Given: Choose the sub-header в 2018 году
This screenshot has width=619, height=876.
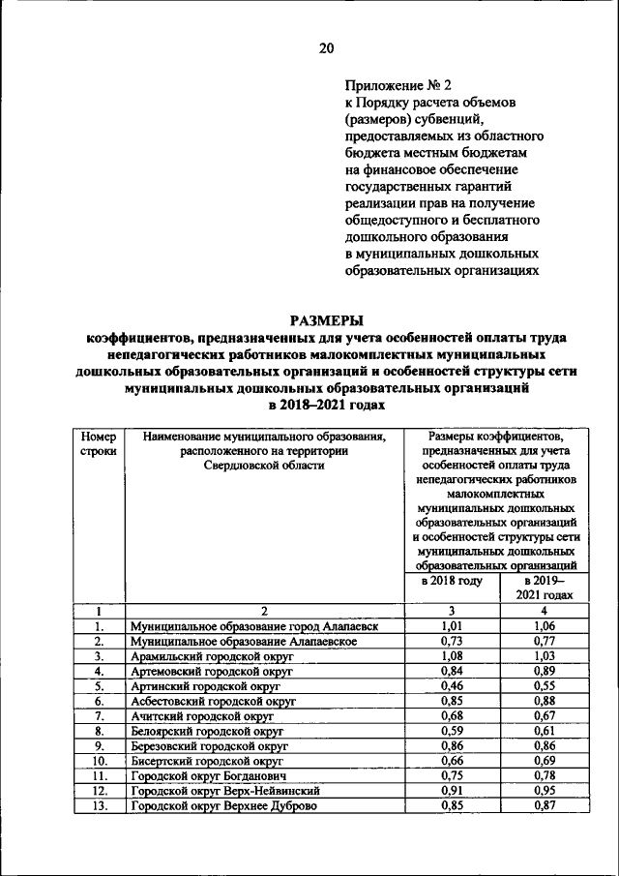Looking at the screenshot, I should coord(452,581).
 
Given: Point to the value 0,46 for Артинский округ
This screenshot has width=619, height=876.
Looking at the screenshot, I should coord(452,684).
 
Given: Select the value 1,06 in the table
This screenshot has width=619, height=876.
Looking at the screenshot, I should coord(545,626).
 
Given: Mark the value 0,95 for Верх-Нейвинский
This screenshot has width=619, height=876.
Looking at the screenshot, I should coord(545,790).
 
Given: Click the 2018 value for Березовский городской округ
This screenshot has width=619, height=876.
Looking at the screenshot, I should coord(452,745).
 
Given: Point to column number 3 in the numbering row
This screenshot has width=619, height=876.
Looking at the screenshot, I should coord(452,611).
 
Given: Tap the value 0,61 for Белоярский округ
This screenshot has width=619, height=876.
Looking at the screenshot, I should coord(545,730).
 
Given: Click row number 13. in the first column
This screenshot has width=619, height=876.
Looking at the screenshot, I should coord(99,805).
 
